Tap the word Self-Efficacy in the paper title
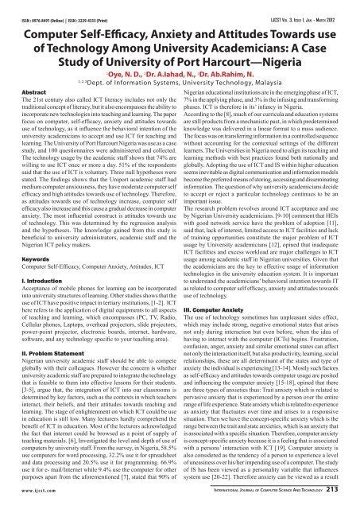pos(130,24)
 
